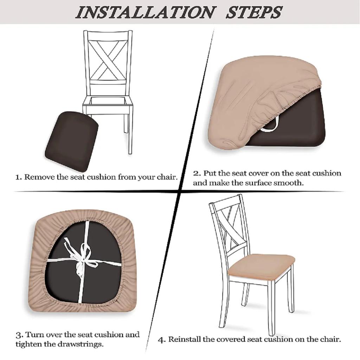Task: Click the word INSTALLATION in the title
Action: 144,12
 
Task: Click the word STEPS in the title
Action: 254,12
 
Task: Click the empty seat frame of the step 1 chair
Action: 108,102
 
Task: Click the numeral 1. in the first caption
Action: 19,177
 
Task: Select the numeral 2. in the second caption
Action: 197,173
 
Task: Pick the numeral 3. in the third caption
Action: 19,334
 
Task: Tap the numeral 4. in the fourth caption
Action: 161,340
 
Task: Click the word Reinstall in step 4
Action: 185,340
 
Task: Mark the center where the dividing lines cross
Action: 180,192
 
